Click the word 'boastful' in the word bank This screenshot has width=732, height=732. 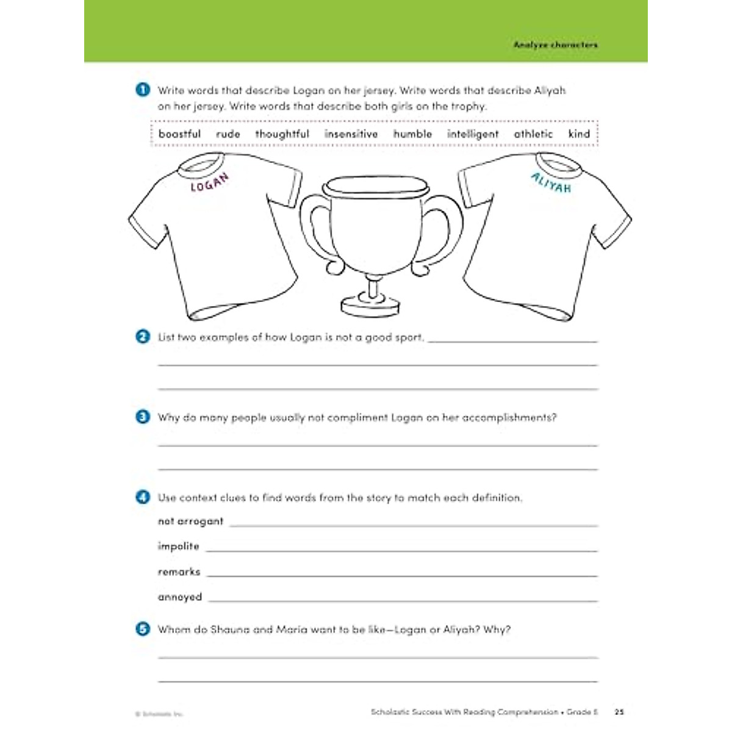(179, 134)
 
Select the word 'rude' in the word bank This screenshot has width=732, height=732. (228, 134)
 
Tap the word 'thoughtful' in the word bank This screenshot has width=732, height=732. (282, 134)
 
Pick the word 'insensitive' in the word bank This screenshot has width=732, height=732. (351, 134)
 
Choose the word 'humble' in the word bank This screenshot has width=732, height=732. (412, 134)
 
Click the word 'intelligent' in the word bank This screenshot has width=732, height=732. (473, 134)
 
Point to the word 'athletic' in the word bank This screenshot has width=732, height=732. (533, 134)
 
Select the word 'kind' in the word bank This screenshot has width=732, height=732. (579, 134)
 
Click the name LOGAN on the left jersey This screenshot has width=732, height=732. (209, 182)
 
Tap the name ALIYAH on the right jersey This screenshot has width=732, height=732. (551, 182)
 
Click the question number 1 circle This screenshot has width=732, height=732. (143, 90)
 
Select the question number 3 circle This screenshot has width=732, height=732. (143, 417)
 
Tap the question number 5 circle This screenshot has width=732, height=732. (143, 629)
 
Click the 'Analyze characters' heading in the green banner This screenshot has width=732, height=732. (555, 45)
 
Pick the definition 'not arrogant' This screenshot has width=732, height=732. (190, 522)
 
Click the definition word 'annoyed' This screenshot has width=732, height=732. (179, 597)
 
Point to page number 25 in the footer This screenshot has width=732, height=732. (619, 712)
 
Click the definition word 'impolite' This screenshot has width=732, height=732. (178, 547)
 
